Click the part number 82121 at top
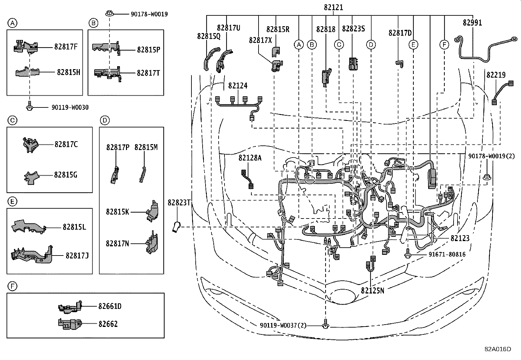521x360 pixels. [333, 7]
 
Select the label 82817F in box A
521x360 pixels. [66, 47]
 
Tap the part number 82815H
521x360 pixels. [68, 72]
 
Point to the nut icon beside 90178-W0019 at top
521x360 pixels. [109, 14]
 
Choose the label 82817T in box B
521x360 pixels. [148, 73]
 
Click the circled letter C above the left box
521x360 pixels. [12, 121]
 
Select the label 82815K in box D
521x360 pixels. [117, 212]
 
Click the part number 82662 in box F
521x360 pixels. [108, 324]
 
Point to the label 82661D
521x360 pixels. [110, 306]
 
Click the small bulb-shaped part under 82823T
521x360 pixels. [176, 227]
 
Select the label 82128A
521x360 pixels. [250, 158]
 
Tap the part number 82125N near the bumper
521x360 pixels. [372, 290]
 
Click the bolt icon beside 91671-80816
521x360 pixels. [408, 255]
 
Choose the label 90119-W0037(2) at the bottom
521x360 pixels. [283, 325]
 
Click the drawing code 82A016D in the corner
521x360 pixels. [498, 349]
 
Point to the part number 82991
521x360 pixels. [472, 23]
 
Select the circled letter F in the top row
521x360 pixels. [444, 45]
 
